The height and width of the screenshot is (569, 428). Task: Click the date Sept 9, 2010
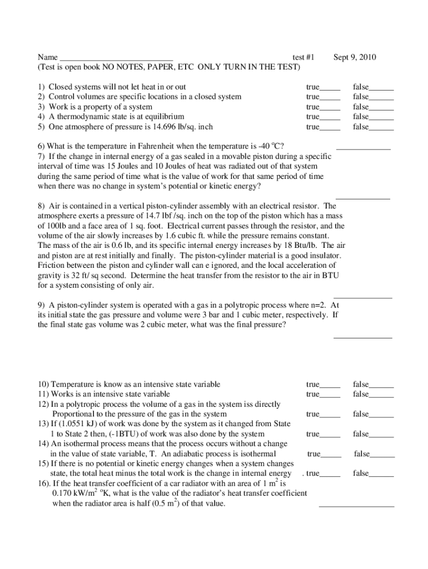tap(355, 57)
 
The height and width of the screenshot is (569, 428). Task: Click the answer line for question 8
tap(364, 298)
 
